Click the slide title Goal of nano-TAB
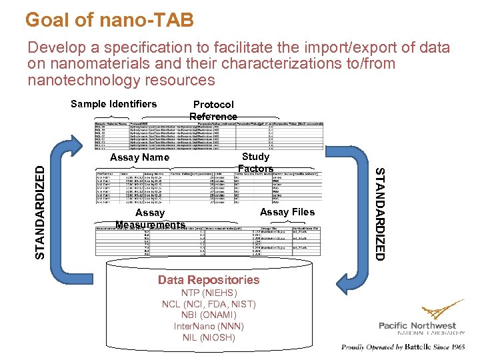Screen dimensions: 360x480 (x=109, y=20)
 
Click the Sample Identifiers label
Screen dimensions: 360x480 (x=113, y=103)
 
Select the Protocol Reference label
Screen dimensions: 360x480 (x=213, y=110)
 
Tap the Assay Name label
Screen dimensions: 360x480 (x=139, y=157)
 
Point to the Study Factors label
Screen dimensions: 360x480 (x=255, y=163)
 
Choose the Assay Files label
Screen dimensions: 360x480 (x=287, y=212)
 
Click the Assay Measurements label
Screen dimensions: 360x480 (x=150, y=219)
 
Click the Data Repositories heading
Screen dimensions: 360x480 (x=209, y=280)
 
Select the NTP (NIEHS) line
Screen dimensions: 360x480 (x=209, y=293)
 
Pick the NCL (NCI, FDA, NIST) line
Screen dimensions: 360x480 (x=209, y=305)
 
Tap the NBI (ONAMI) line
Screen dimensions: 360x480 (x=209, y=315)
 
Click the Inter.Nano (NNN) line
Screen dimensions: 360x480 (x=209, y=327)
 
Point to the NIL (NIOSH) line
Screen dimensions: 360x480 (x=209, y=337)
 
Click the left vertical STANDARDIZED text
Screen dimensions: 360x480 (x=41, y=203)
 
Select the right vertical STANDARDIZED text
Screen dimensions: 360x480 (x=379, y=213)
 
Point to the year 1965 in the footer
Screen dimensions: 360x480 (x=457, y=347)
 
